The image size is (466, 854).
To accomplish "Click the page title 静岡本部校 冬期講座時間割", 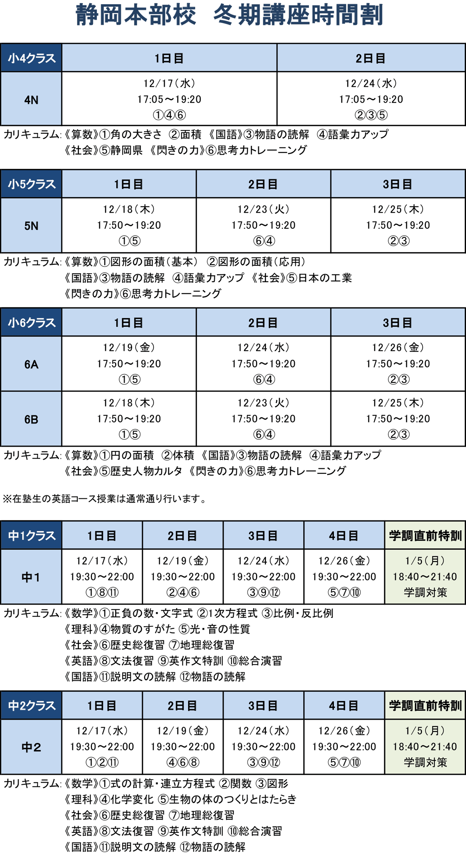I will [229, 15].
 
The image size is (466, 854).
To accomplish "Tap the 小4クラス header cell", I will [31, 58].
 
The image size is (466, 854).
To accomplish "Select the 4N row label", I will [31, 100].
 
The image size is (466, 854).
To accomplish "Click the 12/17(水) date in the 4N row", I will [169, 83].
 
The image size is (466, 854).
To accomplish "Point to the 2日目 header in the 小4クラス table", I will [371, 58].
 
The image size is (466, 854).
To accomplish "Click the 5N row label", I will [31, 226].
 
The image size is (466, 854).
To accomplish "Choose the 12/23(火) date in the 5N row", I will [263, 209].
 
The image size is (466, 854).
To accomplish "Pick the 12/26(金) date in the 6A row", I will [398, 348].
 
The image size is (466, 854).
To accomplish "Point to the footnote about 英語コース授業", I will [104, 498].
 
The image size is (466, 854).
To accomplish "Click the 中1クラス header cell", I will [31, 536].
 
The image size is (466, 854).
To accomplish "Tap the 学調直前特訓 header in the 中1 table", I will [425, 536].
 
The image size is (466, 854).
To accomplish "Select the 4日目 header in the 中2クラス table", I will [344, 706].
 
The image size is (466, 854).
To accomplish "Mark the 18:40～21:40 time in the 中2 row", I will [425, 747].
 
